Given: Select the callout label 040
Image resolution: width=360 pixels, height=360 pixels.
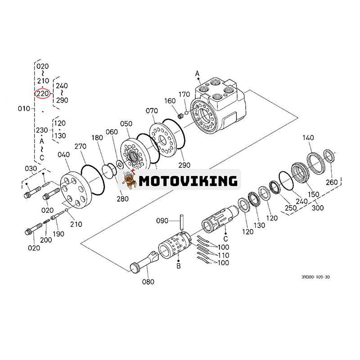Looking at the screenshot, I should (64, 155).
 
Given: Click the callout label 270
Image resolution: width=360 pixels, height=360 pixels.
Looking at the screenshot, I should (81, 146).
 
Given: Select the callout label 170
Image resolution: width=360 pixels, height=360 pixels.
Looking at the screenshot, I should (184, 94).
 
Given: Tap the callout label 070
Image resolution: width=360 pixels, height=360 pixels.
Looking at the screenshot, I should (152, 111).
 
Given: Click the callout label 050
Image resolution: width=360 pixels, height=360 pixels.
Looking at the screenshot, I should (126, 123).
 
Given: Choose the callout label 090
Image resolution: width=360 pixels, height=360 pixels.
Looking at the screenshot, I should (162, 221).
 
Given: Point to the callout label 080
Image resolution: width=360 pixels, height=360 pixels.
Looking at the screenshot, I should (148, 282).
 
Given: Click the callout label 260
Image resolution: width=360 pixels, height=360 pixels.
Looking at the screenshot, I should (331, 182).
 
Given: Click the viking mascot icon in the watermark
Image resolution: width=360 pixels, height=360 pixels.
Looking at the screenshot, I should (130, 180).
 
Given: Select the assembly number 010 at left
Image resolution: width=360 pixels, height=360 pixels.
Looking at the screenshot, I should (24, 109).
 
